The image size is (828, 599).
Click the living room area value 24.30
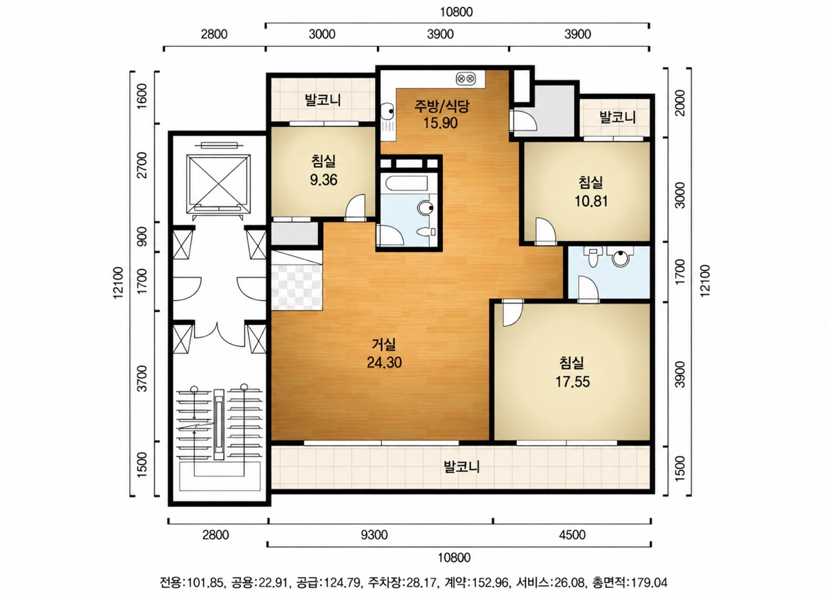384,363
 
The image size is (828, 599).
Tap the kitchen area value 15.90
440,122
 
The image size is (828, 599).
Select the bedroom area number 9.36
323,180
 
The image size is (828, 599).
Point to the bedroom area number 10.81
591,201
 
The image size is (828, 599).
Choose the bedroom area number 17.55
573,381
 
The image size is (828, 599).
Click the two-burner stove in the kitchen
465,78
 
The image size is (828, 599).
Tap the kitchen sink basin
388,111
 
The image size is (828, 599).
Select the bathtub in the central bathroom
406,183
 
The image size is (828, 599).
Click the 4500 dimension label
572,534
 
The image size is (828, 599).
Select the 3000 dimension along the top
322,34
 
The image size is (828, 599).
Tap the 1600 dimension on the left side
142,96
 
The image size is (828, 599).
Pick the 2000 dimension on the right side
680,103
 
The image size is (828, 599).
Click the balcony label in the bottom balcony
461,466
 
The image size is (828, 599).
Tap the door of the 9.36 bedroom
355,208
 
